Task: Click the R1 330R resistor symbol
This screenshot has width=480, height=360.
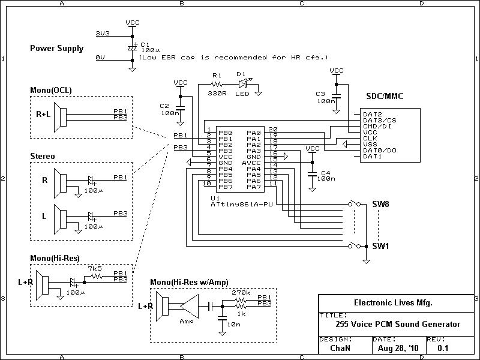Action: tap(217, 84)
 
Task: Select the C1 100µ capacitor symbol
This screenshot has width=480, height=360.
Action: tap(132, 48)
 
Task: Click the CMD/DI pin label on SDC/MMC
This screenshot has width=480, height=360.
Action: tap(377, 126)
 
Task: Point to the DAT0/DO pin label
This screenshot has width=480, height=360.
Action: tap(380, 151)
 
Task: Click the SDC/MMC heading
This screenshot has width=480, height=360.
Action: tap(385, 96)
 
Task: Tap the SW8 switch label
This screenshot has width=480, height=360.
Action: tap(380, 204)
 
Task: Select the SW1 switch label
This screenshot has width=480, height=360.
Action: tap(380, 246)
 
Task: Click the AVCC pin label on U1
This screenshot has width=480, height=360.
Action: tap(251, 163)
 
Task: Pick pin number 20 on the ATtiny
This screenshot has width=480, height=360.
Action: tap(273, 130)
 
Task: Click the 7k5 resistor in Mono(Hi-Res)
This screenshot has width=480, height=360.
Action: tap(97, 277)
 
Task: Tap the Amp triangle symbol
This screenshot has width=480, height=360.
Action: tap(189, 306)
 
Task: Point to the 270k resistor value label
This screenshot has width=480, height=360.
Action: tap(241, 292)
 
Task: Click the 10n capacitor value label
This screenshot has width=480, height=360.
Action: tap(234, 324)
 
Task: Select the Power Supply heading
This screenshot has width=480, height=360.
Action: tap(56, 49)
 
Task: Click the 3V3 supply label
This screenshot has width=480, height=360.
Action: tap(103, 33)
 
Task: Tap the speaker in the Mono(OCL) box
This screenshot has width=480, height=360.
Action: tap(60, 117)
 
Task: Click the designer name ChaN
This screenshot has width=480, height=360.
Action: tap(340, 348)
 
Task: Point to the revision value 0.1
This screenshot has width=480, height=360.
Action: tap(443, 348)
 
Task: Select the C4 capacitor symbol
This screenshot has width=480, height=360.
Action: tap(312, 175)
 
